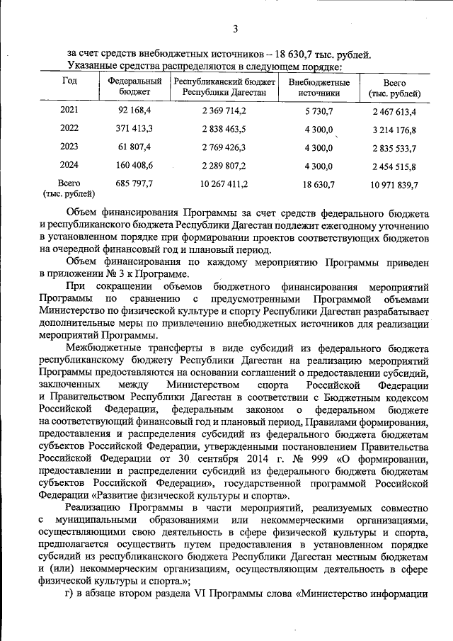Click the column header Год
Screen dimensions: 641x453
point(69,81)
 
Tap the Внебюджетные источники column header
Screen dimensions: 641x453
point(319,87)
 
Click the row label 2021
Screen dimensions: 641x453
point(69,111)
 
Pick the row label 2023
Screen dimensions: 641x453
point(69,148)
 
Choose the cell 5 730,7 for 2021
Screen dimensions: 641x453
point(319,111)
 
